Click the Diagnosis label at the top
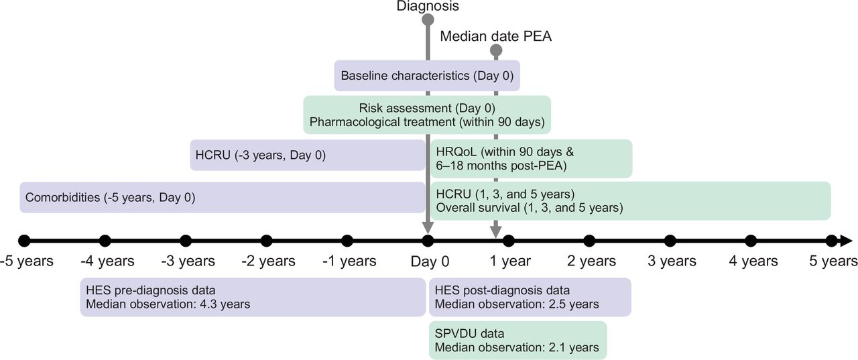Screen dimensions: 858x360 pyautogui.click(x=428, y=6)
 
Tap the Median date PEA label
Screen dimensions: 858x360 pyautogui.click(x=495, y=36)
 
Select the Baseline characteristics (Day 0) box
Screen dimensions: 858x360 pyautogui.click(x=427, y=76)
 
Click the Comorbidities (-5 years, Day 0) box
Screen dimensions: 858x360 pyautogui.click(x=222, y=197)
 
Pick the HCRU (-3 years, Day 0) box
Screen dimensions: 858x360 pyautogui.click(x=308, y=155)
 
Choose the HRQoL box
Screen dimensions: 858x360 pyautogui.click(x=532, y=159)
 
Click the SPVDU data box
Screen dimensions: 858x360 pyautogui.click(x=518, y=340)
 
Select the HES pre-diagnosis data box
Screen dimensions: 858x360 pyautogui.click(x=253, y=297)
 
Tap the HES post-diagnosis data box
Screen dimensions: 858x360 pyautogui.click(x=530, y=297)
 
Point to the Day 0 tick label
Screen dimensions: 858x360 pyautogui.click(x=430, y=261)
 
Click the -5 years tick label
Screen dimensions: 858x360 pyautogui.click(x=27, y=261)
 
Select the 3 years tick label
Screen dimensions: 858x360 pyautogui.click(x=672, y=261)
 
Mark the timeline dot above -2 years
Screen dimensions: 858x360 pyautogui.click(x=266, y=241)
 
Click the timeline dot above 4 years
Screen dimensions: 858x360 pyautogui.click(x=751, y=241)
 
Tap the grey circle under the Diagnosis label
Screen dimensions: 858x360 pyautogui.click(x=428, y=19)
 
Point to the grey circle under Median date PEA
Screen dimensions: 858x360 pyautogui.click(x=495, y=50)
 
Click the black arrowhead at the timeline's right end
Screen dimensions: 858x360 pyautogui.click(x=846, y=241)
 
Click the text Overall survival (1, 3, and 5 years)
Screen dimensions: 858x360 pyautogui.click(x=530, y=208)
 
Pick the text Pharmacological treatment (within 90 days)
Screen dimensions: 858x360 pyautogui.click(x=427, y=122)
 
